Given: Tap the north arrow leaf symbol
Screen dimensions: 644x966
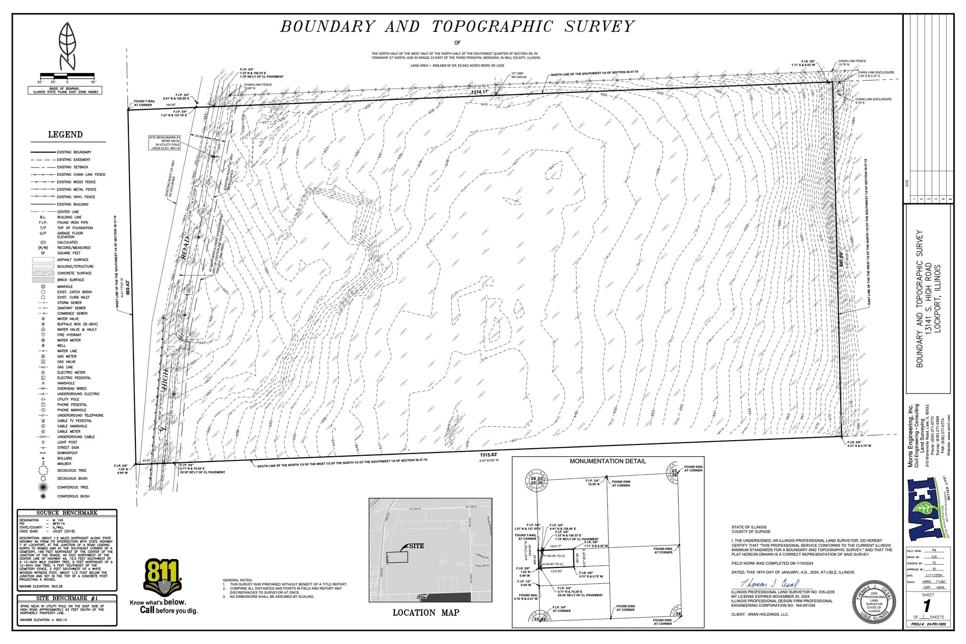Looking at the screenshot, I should (67, 45).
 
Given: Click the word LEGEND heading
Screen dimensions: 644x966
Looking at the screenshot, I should (65, 135).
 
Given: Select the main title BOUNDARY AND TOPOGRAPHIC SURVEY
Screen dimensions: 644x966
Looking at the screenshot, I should (457, 26).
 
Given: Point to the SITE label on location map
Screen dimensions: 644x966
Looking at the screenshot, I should (416, 546).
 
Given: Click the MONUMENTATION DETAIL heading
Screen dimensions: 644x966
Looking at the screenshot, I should (608, 461).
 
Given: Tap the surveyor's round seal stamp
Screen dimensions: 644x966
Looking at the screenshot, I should (874, 602).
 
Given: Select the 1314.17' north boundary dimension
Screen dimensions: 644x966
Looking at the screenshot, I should (480, 92).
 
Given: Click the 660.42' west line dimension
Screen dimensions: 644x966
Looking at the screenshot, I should (127, 287).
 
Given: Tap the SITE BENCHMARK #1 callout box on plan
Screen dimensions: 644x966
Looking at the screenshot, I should (165, 142).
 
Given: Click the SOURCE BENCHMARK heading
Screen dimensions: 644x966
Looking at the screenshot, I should (67, 513).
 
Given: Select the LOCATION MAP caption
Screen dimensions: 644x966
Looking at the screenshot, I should (426, 612).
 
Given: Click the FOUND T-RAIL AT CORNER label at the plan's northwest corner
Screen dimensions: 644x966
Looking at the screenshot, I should (143, 103).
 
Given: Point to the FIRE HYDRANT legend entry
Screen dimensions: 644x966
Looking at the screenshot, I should (69, 335).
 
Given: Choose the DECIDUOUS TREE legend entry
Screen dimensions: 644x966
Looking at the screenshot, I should (72, 470).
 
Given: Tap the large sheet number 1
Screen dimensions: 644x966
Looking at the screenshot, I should (927, 605).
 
